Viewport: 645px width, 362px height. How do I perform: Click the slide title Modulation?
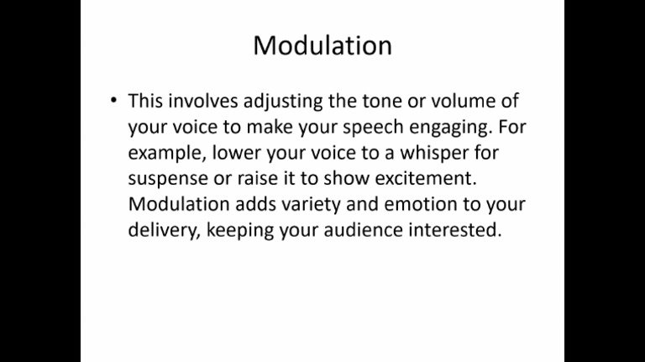pyautogui.click(x=322, y=45)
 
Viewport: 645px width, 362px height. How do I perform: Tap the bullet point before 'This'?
pyautogui.click(x=113, y=101)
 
